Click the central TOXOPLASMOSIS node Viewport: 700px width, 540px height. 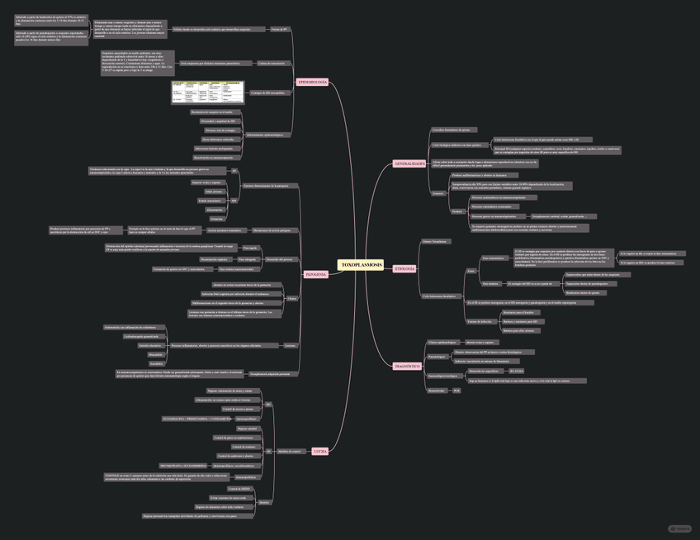pyautogui.click(x=361, y=265)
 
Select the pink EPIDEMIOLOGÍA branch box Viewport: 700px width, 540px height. pyautogui.click(x=312, y=83)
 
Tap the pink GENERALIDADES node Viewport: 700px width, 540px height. pyautogui.click(x=409, y=163)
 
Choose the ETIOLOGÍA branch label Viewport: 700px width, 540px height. pyautogui.click(x=404, y=269)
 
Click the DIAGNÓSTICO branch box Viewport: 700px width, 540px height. pyautogui.click(x=408, y=366)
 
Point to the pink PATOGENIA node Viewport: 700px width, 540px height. pyautogui.click(x=315, y=274)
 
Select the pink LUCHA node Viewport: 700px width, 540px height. pyautogui.click(x=320, y=452)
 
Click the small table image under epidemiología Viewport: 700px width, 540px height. pyautogui.click(x=208, y=92)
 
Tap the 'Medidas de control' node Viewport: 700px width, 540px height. pyautogui.click(x=289, y=452)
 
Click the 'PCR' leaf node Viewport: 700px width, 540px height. pyautogui.click(x=456, y=391)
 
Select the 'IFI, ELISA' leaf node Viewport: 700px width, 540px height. pyautogui.click(x=516, y=372)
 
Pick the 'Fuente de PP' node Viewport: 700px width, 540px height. pyautogui.click(x=280, y=29)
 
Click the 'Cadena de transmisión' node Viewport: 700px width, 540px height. pyautogui.click(x=271, y=63)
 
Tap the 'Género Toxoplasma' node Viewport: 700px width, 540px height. pyautogui.click(x=435, y=242)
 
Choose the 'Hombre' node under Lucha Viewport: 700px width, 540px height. pyautogui.click(x=264, y=502)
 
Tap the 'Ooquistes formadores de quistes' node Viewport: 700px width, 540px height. pyautogui.click(x=454, y=130)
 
